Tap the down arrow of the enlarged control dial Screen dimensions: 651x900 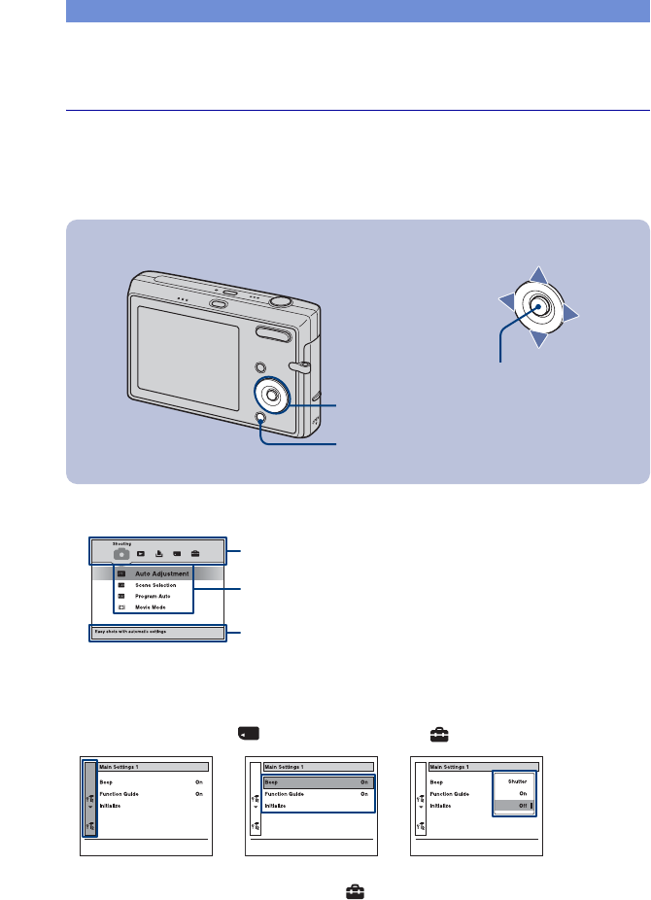click(538, 341)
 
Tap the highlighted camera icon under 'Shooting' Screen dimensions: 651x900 click(121, 553)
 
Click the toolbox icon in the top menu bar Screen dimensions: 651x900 click(195, 553)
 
